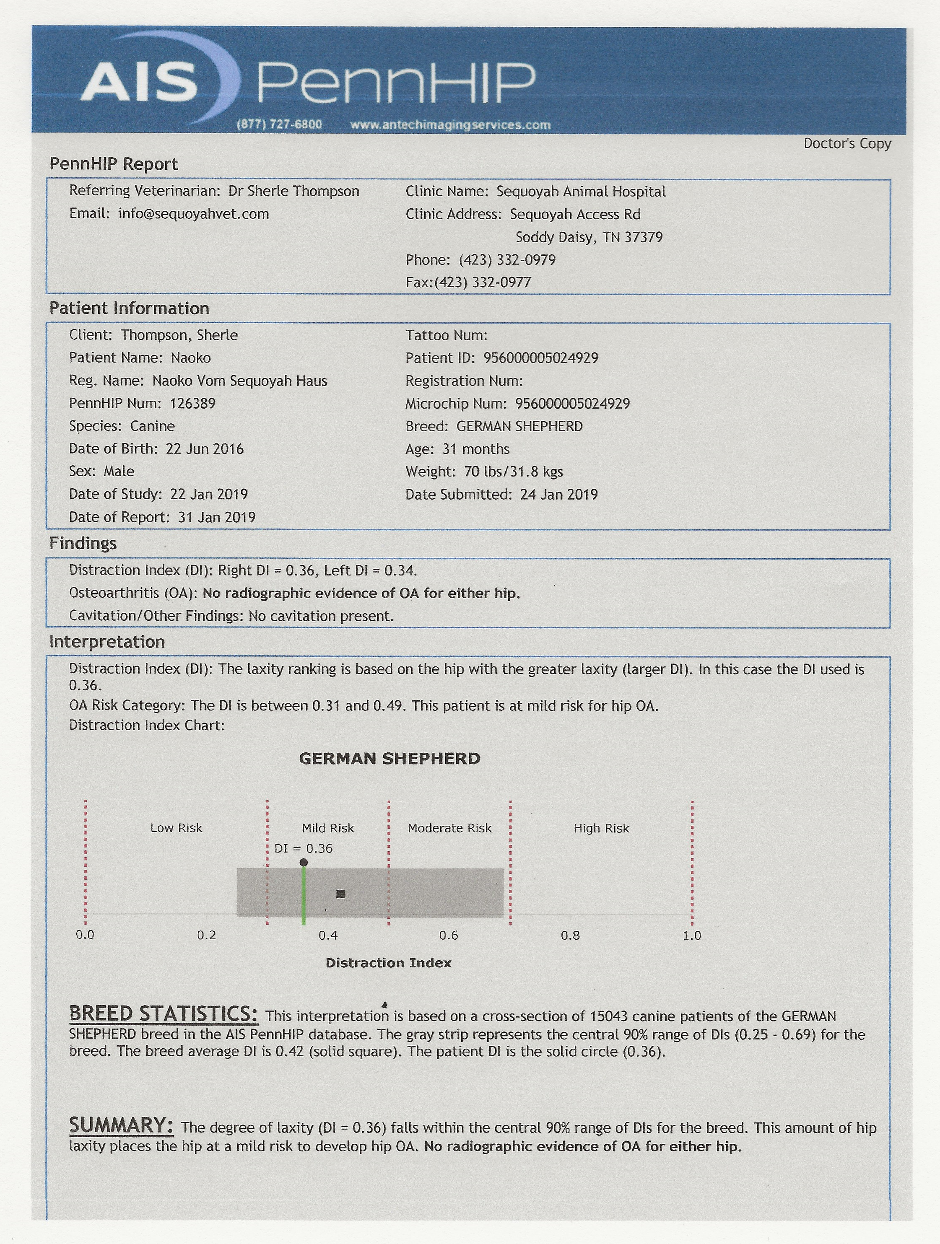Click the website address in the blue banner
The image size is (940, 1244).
pos(450,125)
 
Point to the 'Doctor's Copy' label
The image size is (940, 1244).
pos(847,143)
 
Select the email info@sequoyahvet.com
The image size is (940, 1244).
pos(194,214)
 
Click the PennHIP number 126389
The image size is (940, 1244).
pos(192,403)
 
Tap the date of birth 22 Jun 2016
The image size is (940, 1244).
pos(205,449)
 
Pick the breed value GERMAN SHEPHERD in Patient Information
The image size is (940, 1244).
pos(519,426)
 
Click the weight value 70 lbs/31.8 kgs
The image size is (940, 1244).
pos(513,472)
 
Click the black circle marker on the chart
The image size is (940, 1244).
pos(304,862)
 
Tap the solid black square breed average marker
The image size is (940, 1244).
pos(340,894)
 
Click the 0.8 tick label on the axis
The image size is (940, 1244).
pos(570,935)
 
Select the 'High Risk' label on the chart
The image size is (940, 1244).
pos(601,828)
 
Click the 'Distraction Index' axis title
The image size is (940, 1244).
pos(388,963)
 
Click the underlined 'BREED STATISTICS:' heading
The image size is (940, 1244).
pos(163,1014)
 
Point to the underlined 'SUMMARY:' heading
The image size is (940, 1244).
pos(121,1125)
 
